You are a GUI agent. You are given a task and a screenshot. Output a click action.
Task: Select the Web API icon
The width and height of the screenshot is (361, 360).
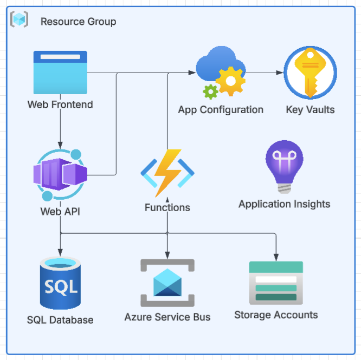pyautogui.click(x=60, y=174)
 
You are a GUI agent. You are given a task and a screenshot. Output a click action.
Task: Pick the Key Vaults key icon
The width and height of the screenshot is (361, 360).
pyautogui.click(x=310, y=73)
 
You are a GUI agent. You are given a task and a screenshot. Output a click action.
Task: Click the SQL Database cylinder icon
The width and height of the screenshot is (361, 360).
pyautogui.click(x=60, y=284)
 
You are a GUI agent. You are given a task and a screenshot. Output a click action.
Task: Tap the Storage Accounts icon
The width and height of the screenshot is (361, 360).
pyautogui.click(x=276, y=284)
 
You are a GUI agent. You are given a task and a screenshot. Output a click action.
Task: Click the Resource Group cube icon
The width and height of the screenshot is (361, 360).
pyautogui.click(x=19, y=21)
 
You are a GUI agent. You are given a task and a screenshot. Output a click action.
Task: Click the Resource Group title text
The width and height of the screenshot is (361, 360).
pyautogui.click(x=78, y=22)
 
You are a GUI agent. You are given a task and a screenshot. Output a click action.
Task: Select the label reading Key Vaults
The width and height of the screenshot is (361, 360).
pyautogui.click(x=310, y=110)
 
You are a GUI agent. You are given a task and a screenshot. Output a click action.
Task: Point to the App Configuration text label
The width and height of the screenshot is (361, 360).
pyautogui.click(x=221, y=110)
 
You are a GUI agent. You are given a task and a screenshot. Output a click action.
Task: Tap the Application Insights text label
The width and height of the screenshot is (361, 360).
pyautogui.click(x=284, y=204)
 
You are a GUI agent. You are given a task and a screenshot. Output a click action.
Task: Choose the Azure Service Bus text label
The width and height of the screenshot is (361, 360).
pyautogui.click(x=167, y=317)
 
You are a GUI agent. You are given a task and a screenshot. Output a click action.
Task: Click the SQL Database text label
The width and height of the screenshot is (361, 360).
pyautogui.click(x=60, y=320)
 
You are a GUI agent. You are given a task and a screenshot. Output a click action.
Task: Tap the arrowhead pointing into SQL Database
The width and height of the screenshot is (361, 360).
pyautogui.click(x=60, y=252)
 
